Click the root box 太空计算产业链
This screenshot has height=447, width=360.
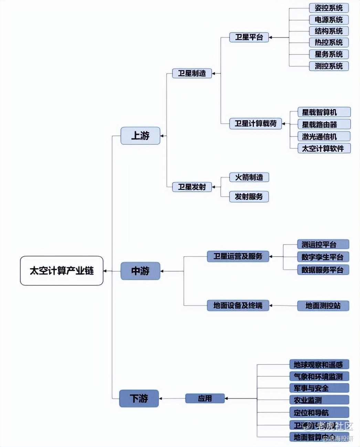(x=62, y=271)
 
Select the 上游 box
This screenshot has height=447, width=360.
(x=140, y=136)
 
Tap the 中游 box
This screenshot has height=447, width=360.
(x=140, y=271)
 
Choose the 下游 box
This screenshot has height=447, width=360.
(x=139, y=398)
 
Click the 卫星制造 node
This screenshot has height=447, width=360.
(x=192, y=73)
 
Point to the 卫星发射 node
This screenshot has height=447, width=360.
(x=192, y=187)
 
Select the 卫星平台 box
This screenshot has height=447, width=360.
(x=249, y=37)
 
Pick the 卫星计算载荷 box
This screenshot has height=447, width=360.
(x=255, y=124)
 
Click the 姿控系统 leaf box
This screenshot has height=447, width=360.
(x=329, y=8)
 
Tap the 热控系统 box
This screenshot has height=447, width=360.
(x=329, y=42)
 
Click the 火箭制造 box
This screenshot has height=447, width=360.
(x=249, y=177)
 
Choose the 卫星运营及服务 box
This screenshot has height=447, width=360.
(x=238, y=256)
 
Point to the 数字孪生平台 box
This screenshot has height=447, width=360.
(x=322, y=257)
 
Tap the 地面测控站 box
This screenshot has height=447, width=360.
(x=323, y=305)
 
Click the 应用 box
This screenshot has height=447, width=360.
(x=205, y=398)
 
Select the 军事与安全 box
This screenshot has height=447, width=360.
(x=319, y=388)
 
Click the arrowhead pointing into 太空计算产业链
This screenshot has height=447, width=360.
(x=105, y=271)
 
